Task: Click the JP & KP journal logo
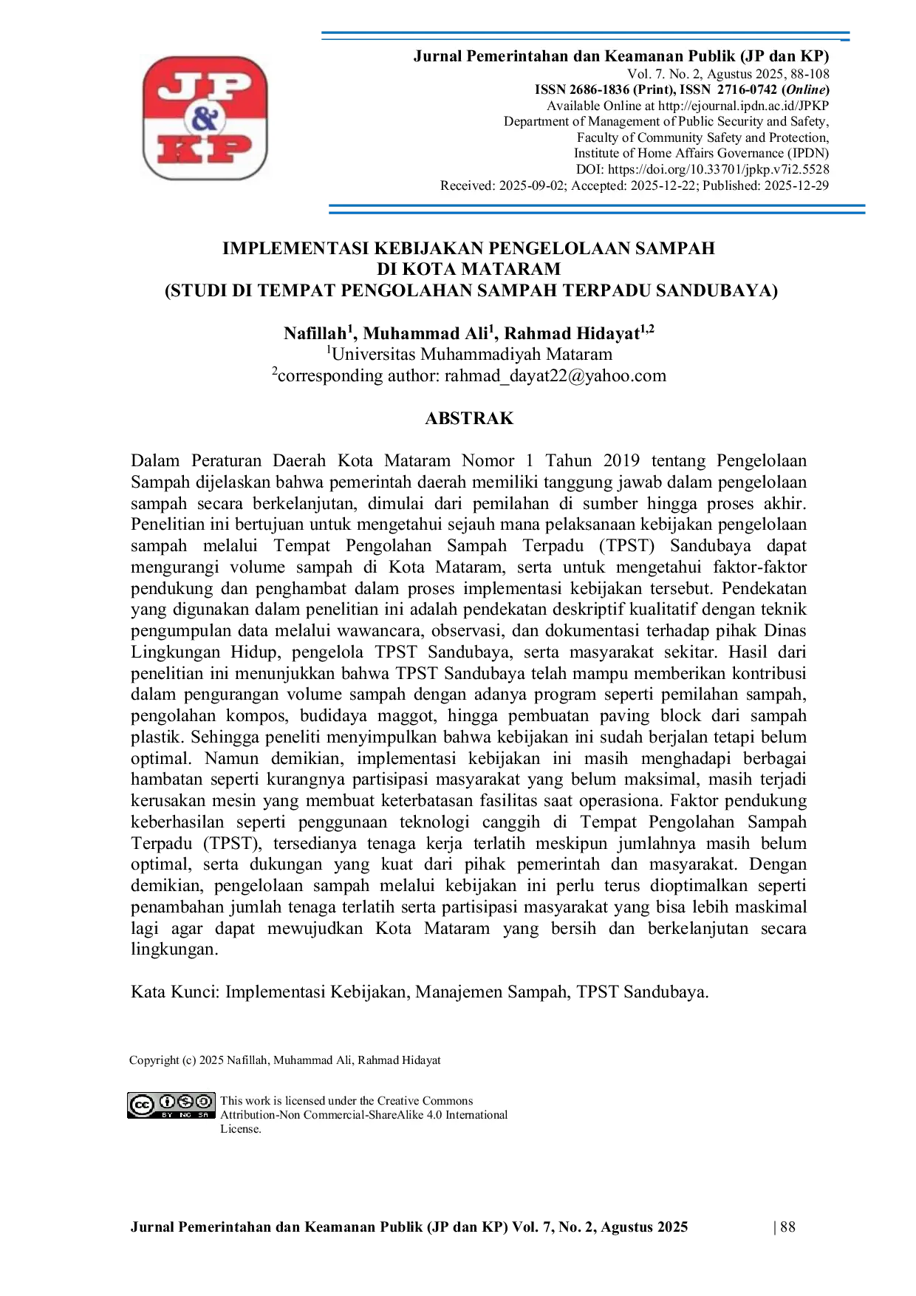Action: pos(205,117)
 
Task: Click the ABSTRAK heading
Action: pos(469,418)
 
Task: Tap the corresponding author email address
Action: pos(556,376)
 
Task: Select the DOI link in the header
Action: pos(719,169)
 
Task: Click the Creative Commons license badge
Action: pos(171,1105)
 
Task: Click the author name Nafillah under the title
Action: pos(315,334)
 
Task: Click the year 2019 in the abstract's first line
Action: pos(621,460)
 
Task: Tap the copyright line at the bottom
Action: pos(285,1060)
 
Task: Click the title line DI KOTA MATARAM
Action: pos(469,269)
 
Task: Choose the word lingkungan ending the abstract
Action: pos(174,950)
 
